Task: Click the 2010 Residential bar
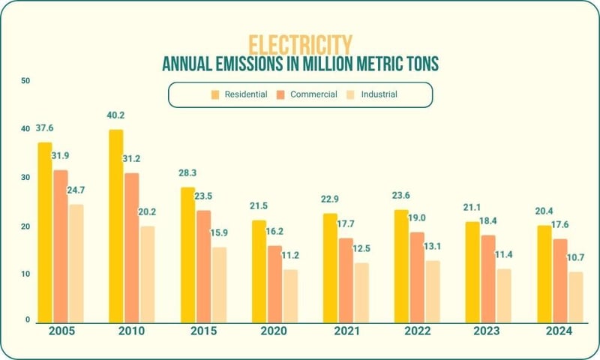(x=115, y=225)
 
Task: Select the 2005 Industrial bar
(x=76, y=262)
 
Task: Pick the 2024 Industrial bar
(x=576, y=296)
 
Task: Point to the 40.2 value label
(x=116, y=115)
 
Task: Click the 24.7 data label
(x=77, y=191)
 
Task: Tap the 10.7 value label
(x=576, y=259)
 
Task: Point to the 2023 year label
(x=488, y=331)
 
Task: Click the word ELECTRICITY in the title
(x=300, y=43)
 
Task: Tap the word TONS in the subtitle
(x=416, y=64)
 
